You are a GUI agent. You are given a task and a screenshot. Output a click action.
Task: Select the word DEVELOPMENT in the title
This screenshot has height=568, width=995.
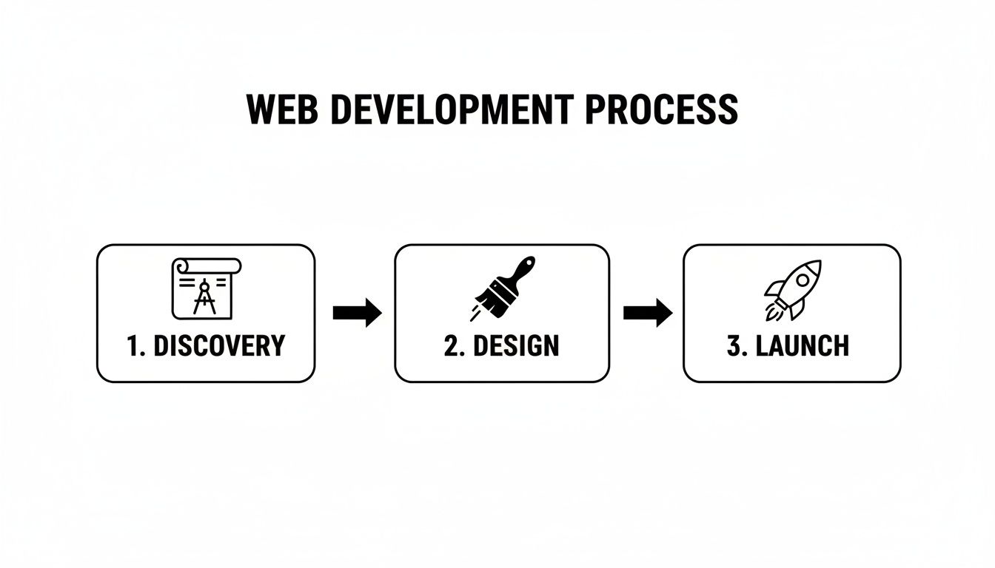click(x=450, y=109)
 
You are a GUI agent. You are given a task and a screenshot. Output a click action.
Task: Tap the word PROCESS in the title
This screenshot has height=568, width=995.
click(x=660, y=109)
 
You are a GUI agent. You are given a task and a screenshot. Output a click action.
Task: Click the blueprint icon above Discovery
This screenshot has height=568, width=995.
click(x=205, y=288)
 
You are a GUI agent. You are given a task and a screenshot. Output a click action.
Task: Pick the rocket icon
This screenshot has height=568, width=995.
click(x=792, y=289)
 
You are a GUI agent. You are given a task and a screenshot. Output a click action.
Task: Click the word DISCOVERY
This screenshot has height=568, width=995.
click(x=218, y=346)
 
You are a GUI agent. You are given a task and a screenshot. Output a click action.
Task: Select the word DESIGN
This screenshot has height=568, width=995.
click(x=515, y=346)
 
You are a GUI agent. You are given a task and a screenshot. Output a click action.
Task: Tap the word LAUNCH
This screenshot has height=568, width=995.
click(x=804, y=346)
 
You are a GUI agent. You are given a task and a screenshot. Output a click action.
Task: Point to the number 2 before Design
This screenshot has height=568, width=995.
click(x=452, y=346)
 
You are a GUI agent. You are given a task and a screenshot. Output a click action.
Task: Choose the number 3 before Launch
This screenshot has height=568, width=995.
click(x=734, y=346)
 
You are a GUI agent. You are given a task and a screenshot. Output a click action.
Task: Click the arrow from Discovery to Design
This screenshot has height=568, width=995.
click(x=357, y=313)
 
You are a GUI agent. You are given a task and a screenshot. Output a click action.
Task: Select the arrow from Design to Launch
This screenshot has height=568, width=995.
click(x=647, y=313)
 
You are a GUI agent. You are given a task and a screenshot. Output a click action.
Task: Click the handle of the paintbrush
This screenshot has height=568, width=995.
click(x=523, y=268)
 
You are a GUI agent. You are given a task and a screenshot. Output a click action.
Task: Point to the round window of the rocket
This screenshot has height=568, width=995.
click(x=803, y=279)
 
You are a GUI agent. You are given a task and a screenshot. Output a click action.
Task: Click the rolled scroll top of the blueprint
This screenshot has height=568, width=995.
click(x=207, y=264)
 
